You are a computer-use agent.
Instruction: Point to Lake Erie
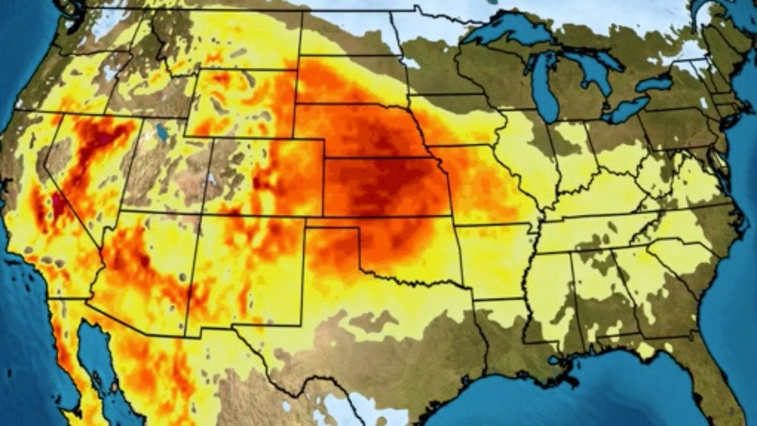628,110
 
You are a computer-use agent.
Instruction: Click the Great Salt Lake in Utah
160,132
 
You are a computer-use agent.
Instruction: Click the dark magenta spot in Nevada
58,202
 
